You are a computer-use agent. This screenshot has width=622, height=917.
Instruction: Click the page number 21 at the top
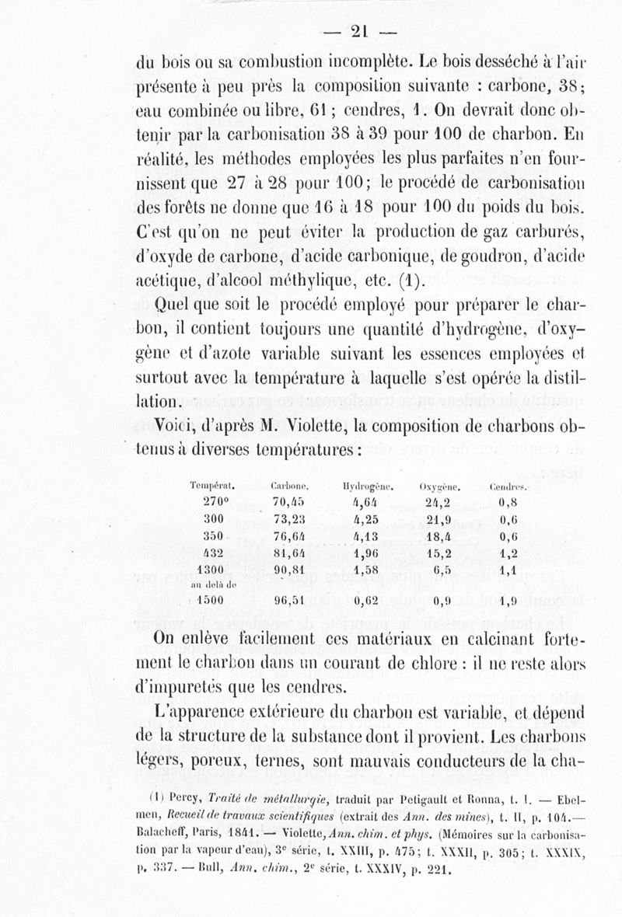[359, 30]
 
